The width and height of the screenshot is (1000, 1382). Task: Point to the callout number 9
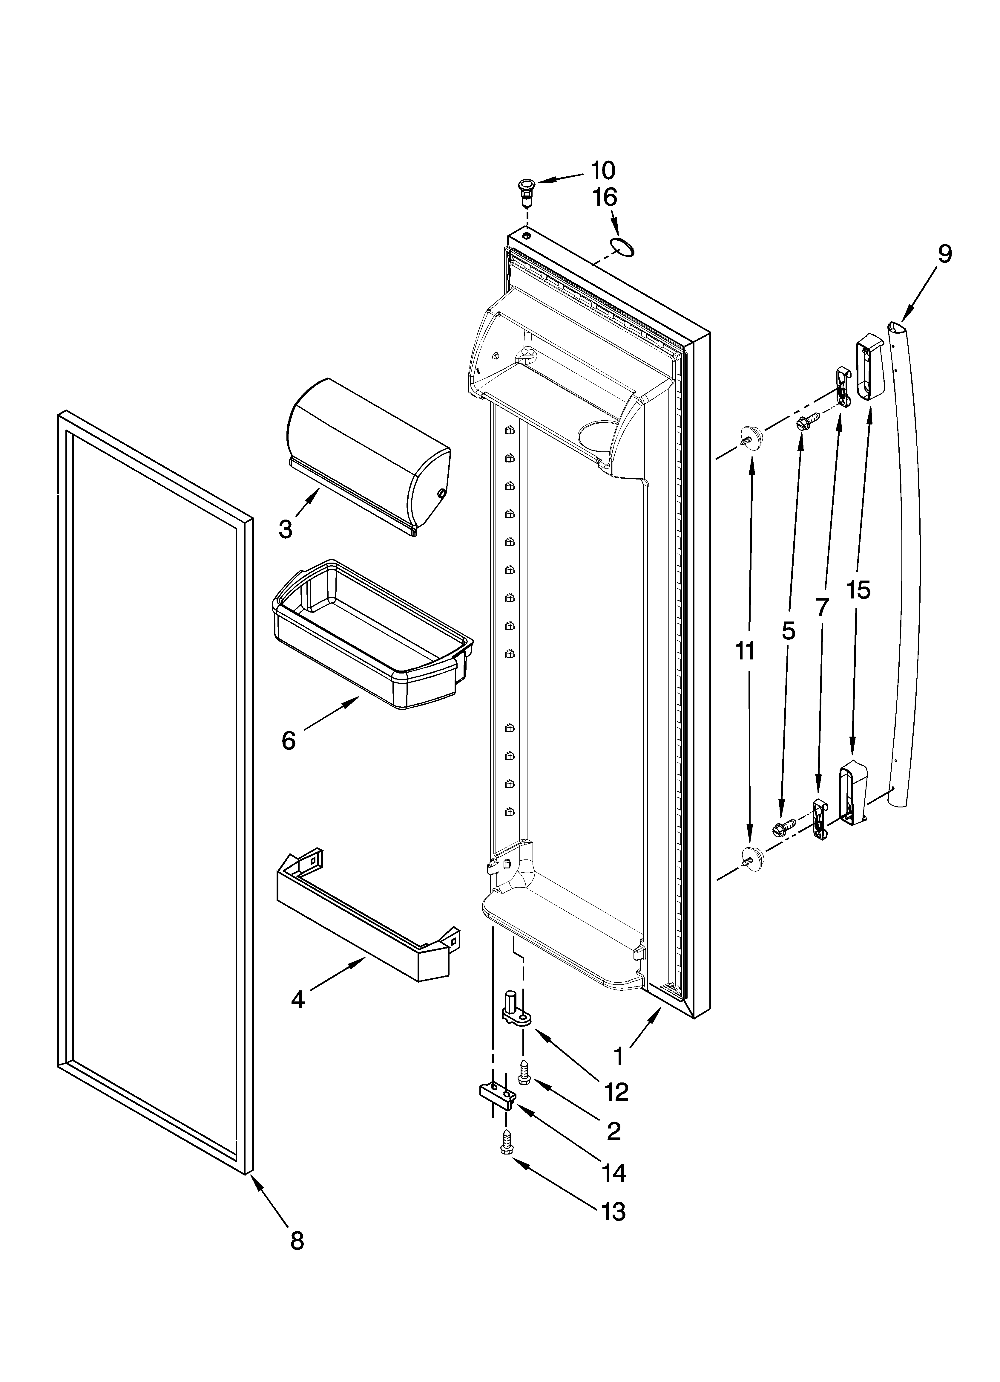[944, 253]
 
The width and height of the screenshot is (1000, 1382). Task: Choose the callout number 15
[858, 590]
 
